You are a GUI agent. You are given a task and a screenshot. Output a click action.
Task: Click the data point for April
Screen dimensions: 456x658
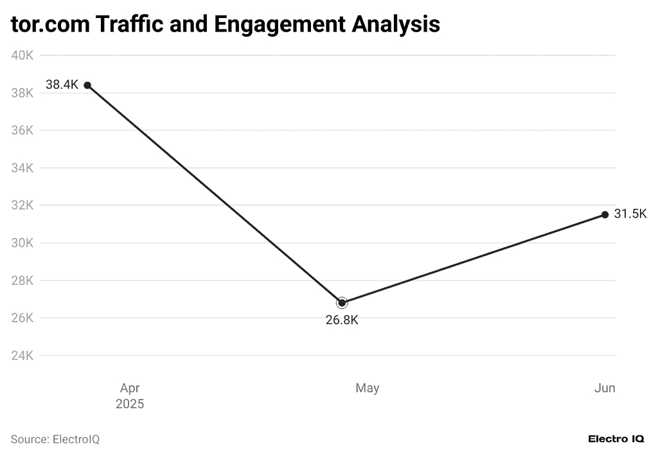[x=87, y=85]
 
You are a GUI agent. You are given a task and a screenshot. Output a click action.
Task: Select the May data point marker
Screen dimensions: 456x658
[x=342, y=302]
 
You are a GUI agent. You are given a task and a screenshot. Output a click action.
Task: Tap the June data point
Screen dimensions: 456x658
[x=605, y=214]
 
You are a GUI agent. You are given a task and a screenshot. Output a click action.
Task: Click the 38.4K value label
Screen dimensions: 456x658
[x=62, y=85]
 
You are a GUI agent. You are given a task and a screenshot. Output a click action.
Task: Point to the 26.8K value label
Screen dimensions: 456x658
[x=342, y=320]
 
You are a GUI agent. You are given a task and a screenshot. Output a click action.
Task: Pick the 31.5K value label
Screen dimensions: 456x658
[x=630, y=214]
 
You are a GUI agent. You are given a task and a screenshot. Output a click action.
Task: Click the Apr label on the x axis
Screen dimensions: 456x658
[x=130, y=388]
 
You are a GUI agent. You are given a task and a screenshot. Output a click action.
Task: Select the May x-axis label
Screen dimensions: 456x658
[x=368, y=388]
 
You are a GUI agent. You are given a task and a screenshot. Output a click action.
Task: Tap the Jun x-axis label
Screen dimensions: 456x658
[x=605, y=388]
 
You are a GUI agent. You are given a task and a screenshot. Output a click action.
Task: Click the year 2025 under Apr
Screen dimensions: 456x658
[x=130, y=405]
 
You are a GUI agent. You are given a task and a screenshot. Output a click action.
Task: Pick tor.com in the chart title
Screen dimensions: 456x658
[x=49, y=24]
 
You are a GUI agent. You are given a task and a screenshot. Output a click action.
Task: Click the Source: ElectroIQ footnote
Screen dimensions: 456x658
[x=55, y=439]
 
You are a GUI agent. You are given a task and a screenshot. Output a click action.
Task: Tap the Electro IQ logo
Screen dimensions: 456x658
[x=616, y=439]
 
